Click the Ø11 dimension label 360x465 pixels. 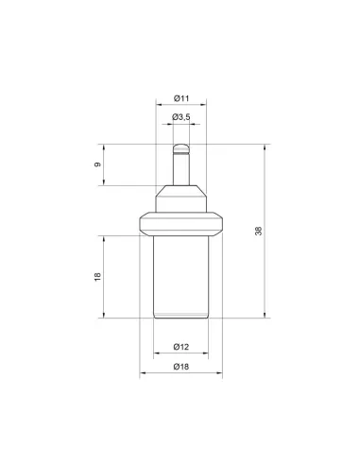point(181,98)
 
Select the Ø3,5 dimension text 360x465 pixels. point(181,117)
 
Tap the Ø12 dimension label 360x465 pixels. point(181,347)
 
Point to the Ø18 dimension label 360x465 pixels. point(181,367)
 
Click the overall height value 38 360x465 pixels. point(259,231)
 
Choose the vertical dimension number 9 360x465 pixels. point(98,164)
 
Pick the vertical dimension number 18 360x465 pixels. point(98,277)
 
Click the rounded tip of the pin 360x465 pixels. point(181,148)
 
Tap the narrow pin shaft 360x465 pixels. point(181,169)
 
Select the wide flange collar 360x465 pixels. point(181,224)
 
